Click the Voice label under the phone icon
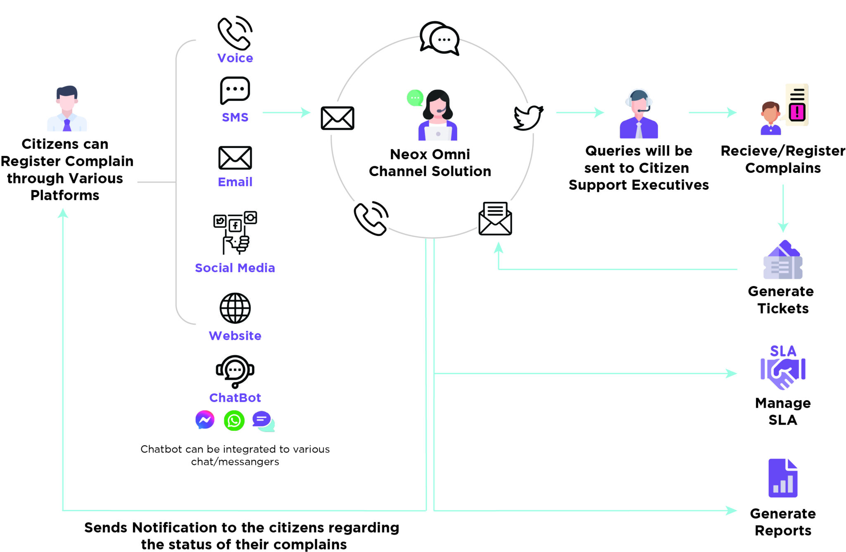pyautogui.click(x=235, y=58)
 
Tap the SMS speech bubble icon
pyautogui.click(x=235, y=90)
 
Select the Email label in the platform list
pyautogui.click(x=235, y=182)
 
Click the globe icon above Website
pyautogui.click(x=235, y=308)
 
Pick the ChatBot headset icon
pyautogui.click(x=235, y=371)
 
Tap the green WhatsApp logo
pyautogui.click(x=234, y=421)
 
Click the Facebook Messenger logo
pyautogui.click(x=205, y=420)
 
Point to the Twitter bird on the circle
pyautogui.click(x=528, y=118)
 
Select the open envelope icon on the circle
pyautogui.click(x=495, y=218)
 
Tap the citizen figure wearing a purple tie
pyautogui.click(x=67, y=108)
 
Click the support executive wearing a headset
pyautogui.click(x=639, y=114)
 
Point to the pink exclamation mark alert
pyautogui.click(x=797, y=112)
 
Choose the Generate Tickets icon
pyautogui.click(x=783, y=260)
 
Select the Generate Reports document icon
pyautogui.click(x=783, y=478)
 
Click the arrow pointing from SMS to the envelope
pyautogui.click(x=287, y=112)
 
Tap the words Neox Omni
pyautogui.click(x=430, y=154)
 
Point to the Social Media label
pyautogui.click(x=235, y=268)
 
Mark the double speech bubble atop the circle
pyautogui.click(x=440, y=38)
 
